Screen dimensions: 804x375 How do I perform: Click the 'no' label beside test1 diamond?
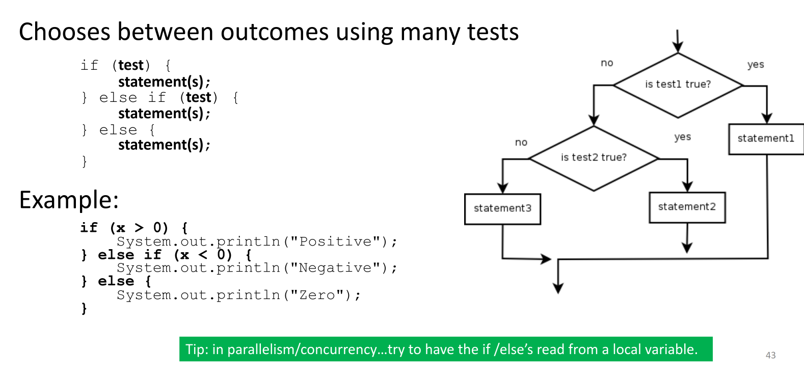607,63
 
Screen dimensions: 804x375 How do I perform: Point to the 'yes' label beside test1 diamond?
756,65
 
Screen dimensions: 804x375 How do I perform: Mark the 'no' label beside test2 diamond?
521,143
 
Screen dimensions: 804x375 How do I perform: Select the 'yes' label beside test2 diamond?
682,137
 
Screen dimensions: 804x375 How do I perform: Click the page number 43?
770,355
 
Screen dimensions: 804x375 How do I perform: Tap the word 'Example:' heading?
69,200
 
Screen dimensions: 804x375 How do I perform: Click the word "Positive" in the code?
335,242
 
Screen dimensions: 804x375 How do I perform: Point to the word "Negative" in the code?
335,267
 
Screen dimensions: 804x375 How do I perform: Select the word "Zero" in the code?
317,295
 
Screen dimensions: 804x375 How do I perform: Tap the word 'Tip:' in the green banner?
196,350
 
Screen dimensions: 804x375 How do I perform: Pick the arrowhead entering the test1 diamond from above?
678,47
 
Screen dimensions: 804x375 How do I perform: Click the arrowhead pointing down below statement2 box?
687,248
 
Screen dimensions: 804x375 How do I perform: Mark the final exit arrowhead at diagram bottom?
558,288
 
